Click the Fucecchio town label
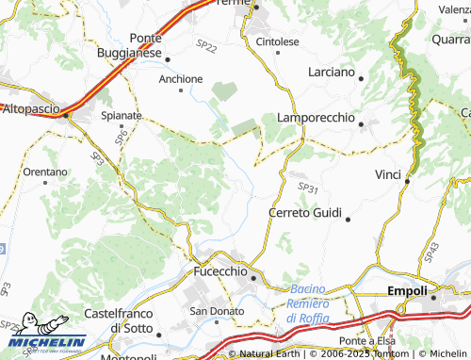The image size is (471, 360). [218, 270]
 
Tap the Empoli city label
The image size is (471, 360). [407, 291]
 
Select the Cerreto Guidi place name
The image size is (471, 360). [307, 213]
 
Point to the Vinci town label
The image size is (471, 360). [387, 175]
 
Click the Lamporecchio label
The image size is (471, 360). [316, 118]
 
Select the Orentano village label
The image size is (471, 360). [45, 172]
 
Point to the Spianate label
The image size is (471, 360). [122, 115]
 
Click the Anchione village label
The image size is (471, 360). [181, 78]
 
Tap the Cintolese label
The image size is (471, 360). [278, 42]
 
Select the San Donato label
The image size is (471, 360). [211, 311]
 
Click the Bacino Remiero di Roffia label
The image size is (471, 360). [308, 303]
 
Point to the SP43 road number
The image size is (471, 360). [430, 252]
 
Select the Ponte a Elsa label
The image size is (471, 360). [366, 340]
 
